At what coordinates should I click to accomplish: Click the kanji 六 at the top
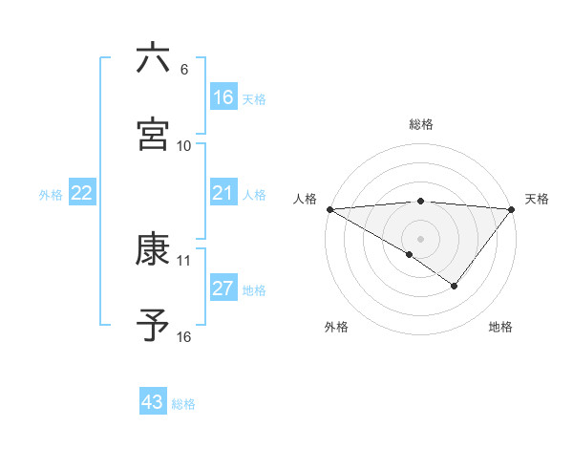click(x=153, y=58)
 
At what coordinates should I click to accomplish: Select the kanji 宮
click(x=153, y=134)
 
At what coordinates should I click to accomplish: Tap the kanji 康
click(x=153, y=250)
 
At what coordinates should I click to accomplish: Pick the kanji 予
click(x=153, y=325)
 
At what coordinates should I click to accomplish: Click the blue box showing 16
click(x=223, y=96)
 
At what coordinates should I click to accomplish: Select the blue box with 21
click(x=223, y=193)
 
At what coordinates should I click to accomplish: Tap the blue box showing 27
click(x=223, y=289)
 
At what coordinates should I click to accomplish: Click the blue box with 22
click(x=82, y=193)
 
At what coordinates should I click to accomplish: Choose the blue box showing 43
click(x=153, y=402)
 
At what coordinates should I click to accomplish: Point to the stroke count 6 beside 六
click(x=184, y=70)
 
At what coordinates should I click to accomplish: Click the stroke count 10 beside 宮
click(x=184, y=146)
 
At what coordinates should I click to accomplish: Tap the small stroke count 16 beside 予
click(x=184, y=337)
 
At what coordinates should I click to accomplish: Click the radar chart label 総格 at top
click(x=421, y=124)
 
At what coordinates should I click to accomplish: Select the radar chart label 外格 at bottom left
click(x=336, y=327)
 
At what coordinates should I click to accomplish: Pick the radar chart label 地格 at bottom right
click(x=500, y=327)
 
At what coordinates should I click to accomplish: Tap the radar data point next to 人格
click(x=329, y=209)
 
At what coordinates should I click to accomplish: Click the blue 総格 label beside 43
click(x=183, y=404)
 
